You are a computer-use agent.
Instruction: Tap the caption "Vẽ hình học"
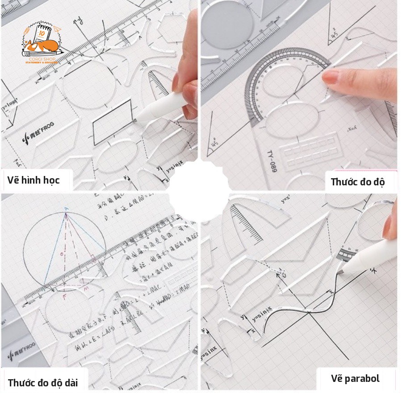point(33,180)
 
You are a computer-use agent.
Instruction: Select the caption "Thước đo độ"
point(357,182)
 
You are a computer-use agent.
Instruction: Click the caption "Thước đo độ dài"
point(43,382)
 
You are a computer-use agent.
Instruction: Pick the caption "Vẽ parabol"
point(355,379)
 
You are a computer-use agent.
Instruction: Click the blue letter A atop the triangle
point(66,209)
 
